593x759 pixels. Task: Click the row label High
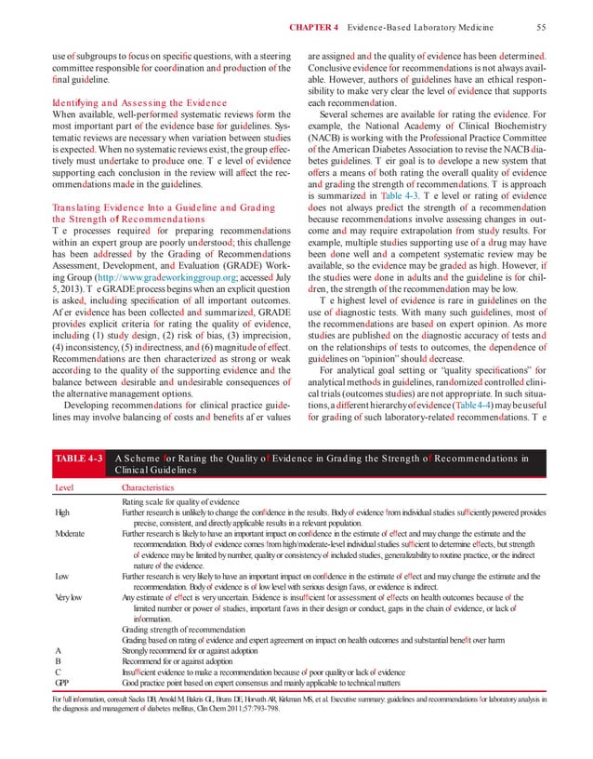[x=63, y=513]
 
